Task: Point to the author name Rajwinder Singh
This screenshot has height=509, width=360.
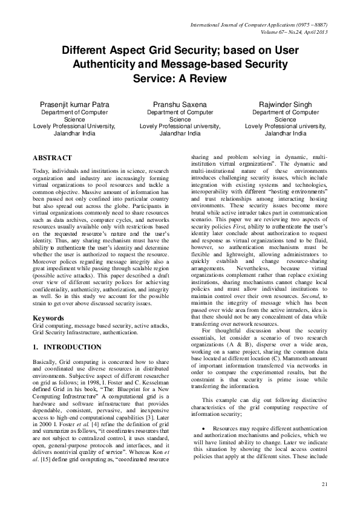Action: [286, 105]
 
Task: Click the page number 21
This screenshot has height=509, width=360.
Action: [324, 484]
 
